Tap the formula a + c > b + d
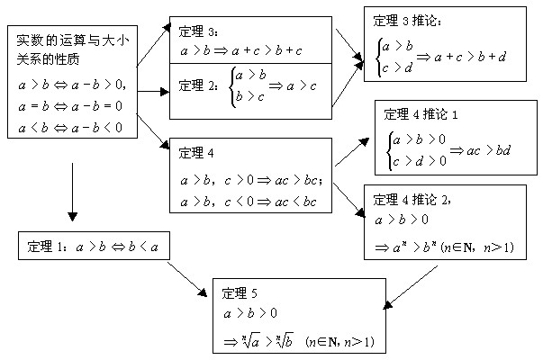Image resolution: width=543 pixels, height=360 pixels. (471, 56)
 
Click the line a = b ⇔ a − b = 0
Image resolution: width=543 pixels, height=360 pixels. (72, 107)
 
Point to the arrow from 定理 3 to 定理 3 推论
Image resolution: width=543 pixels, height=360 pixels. (348, 39)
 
